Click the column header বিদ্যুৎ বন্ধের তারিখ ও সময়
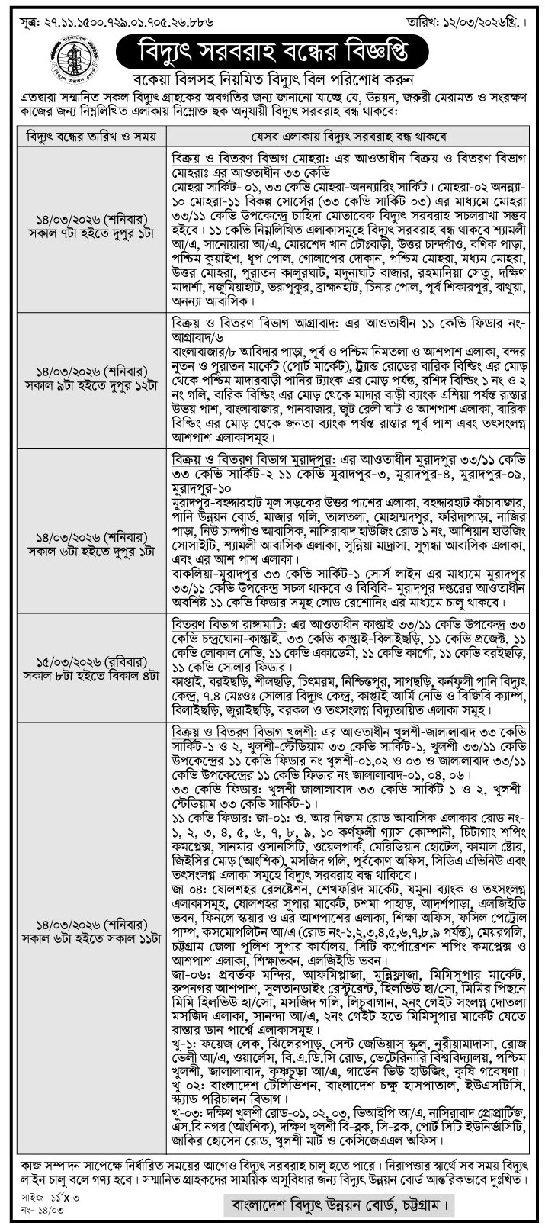pyautogui.click(x=91, y=137)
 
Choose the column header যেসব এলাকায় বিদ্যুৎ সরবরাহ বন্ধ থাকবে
pyautogui.click(x=349, y=137)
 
